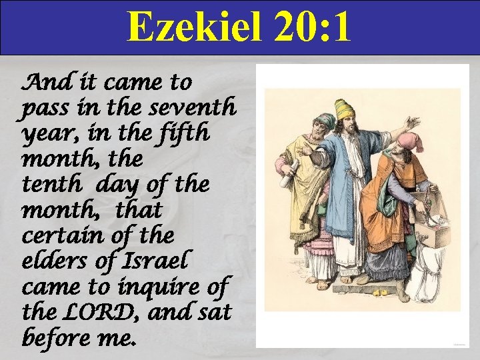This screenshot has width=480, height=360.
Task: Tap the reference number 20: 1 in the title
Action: coord(312,28)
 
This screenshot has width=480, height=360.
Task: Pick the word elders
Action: coord(50,260)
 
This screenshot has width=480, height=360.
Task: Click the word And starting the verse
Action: coord(41,83)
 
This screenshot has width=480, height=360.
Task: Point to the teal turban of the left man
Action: coord(325,121)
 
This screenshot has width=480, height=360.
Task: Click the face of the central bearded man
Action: coord(345,126)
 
